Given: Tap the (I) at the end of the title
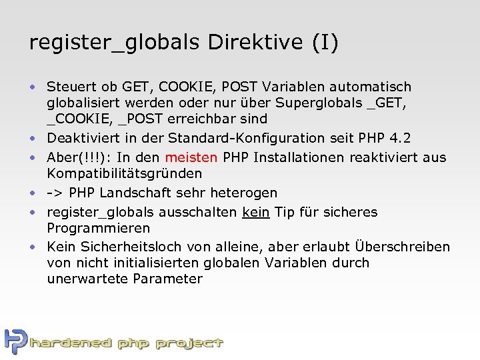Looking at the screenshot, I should [x=325, y=43].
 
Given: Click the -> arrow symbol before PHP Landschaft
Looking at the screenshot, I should [x=54, y=193].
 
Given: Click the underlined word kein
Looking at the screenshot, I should [x=256, y=212].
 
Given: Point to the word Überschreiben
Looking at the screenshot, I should [x=403, y=247].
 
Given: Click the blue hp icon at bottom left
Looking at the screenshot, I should [x=15, y=341].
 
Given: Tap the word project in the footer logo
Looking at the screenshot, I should [x=190, y=344].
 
